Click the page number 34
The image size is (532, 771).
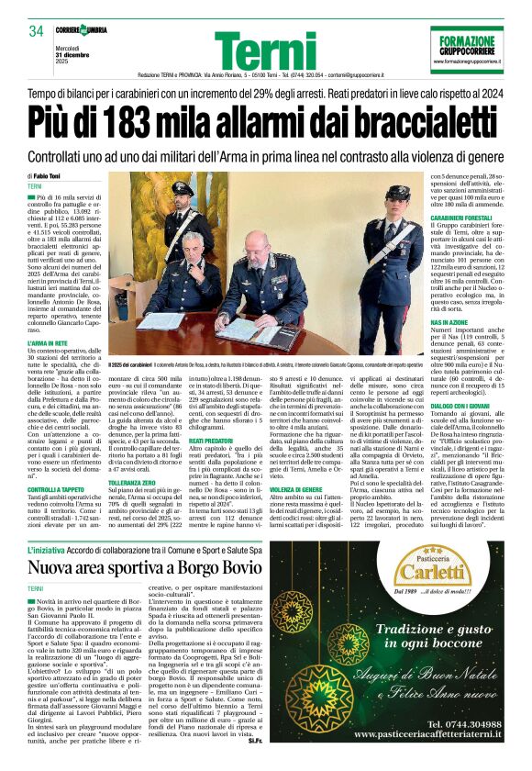point(37,31)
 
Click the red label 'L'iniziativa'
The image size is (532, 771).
point(53,549)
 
